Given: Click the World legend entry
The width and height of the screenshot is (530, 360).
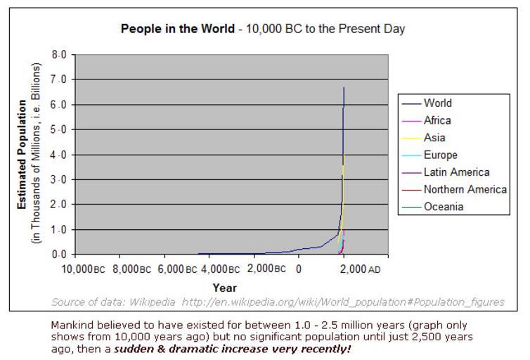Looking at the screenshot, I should (x=437, y=103).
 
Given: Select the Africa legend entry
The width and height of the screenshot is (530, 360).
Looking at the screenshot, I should (x=437, y=120).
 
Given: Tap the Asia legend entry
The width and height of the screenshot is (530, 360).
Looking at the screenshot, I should (x=434, y=138).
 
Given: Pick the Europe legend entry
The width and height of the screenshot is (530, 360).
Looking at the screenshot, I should (x=440, y=155).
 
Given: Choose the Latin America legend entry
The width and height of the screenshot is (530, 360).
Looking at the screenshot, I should (x=456, y=172).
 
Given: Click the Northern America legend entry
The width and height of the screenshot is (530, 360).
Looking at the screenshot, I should (x=465, y=189).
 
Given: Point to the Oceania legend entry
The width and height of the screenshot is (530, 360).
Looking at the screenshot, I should (x=443, y=207).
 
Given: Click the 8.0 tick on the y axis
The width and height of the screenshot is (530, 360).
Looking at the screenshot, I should (x=60, y=55).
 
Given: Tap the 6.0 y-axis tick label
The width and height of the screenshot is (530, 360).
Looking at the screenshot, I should (x=60, y=105).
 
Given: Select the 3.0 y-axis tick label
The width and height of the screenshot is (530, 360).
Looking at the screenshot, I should (x=60, y=180).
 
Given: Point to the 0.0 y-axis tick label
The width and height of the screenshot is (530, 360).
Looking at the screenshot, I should (x=60, y=255).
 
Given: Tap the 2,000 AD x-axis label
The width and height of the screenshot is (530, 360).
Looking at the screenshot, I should (x=364, y=269).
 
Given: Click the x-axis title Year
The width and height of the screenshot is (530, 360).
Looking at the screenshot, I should (x=225, y=288).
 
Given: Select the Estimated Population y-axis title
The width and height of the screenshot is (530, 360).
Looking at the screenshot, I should (x=23, y=154).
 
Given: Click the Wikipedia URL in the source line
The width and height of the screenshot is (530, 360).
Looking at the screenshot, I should (x=343, y=302).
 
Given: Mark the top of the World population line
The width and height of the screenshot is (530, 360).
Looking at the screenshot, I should (x=344, y=88).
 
